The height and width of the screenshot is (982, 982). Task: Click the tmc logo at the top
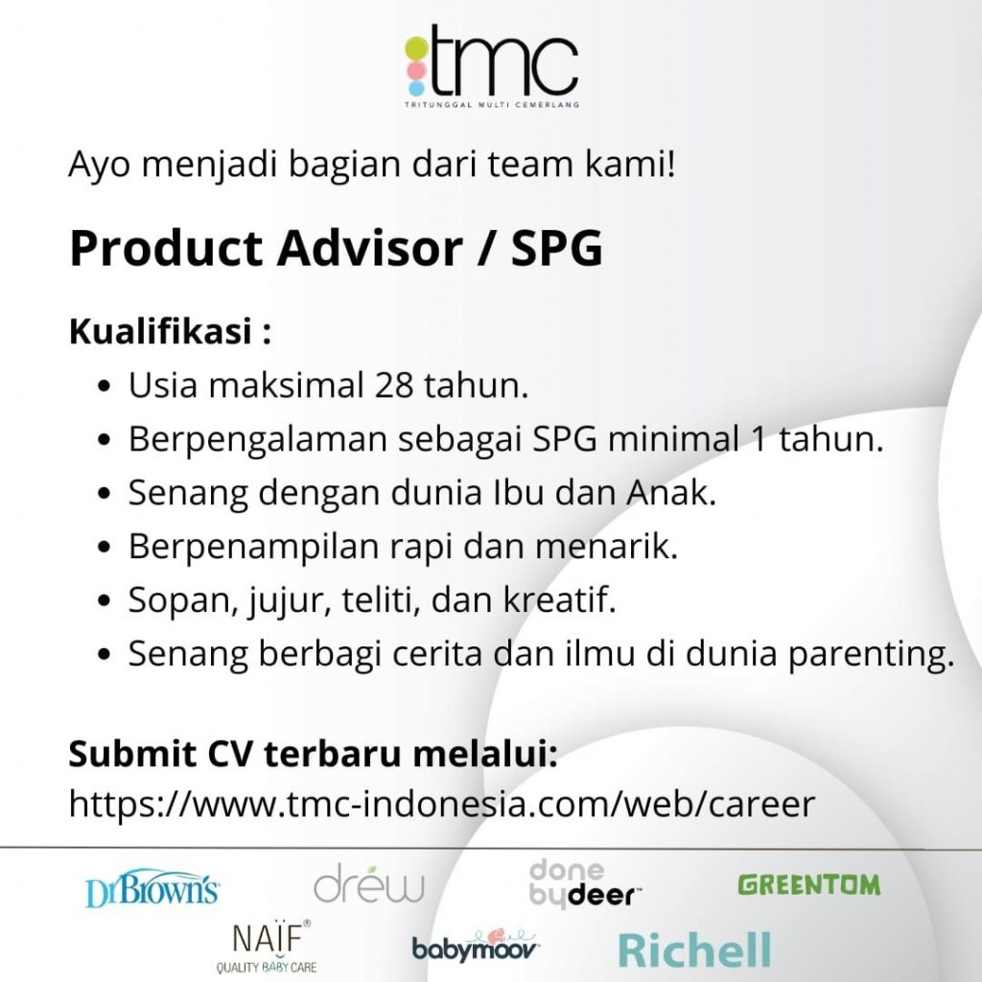click(x=492, y=66)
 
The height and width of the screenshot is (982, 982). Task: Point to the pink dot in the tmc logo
click(x=416, y=69)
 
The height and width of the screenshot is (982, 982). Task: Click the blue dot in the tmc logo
click(x=416, y=88)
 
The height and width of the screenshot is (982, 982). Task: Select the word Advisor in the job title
click(x=370, y=248)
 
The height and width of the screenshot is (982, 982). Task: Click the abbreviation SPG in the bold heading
click(x=557, y=248)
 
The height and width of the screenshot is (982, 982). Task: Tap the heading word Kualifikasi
click(x=160, y=331)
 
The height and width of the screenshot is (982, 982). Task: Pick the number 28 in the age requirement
click(x=394, y=386)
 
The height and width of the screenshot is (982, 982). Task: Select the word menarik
click(x=606, y=546)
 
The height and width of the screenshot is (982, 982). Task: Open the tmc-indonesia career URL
click(x=442, y=804)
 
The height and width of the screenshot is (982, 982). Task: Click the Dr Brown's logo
click(x=152, y=888)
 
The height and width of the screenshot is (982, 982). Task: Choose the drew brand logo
click(x=369, y=883)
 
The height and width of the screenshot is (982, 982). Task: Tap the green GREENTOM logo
click(x=809, y=885)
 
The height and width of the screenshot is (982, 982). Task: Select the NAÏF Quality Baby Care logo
click(x=268, y=947)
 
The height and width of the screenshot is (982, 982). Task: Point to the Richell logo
click(x=694, y=950)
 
